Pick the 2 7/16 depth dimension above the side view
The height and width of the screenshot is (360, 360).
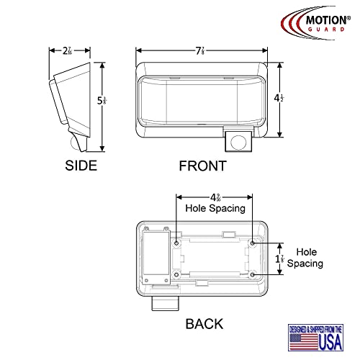coord(66,51)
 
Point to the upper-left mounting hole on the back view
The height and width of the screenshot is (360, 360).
coord(176,243)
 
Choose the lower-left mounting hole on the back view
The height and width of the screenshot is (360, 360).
coord(176,274)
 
